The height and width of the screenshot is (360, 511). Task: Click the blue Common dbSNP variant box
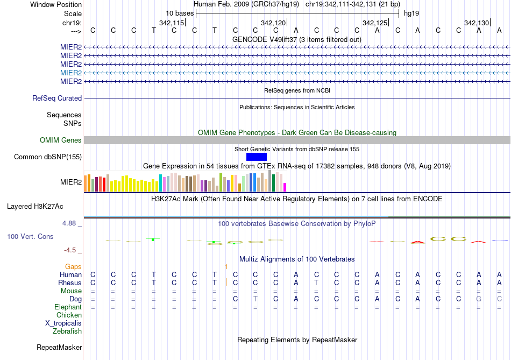[x=257, y=157]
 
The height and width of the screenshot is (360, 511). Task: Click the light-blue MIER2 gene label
[x=71, y=73]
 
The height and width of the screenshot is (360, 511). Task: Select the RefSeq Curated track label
[x=57, y=98]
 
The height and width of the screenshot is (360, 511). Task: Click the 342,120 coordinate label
[x=273, y=23]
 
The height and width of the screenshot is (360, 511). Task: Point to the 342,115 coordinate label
[x=172, y=23]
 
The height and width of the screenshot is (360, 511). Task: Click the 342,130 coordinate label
[x=477, y=23]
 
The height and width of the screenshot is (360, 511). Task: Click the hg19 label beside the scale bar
[x=411, y=13]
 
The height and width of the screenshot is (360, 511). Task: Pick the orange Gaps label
[x=73, y=266]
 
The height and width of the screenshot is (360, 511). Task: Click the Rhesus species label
[x=70, y=283]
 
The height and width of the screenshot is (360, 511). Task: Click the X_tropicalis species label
[x=63, y=323]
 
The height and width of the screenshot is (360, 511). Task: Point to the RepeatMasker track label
[x=59, y=348]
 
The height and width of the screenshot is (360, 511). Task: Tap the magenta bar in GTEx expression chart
[x=285, y=187]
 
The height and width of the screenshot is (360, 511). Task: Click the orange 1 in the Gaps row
[x=226, y=266]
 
